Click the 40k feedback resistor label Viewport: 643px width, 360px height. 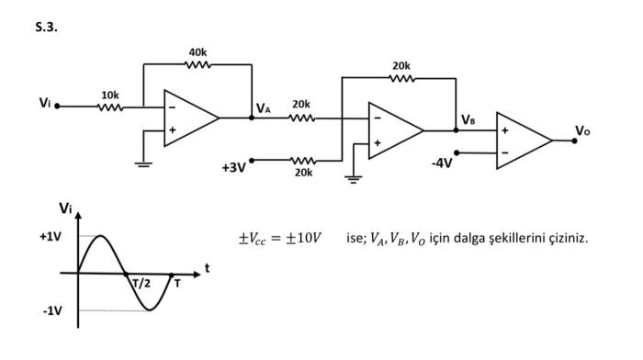tap(197, 52)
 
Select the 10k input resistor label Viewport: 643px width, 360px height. tap(109, 95)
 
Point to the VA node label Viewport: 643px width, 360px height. tap(264, 108)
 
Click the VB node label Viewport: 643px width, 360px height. tap(468, 119)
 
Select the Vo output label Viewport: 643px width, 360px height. tap(582, 130)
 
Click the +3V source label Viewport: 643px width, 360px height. tap(233, 167)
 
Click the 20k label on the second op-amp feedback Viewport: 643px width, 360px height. tap(401, 66)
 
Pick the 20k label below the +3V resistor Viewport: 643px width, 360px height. tap(303, 173)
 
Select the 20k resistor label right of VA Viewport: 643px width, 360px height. tap(301, 105)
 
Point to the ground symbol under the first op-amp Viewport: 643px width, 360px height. tap(142, 163)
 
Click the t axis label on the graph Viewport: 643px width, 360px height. tap(207, 267)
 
